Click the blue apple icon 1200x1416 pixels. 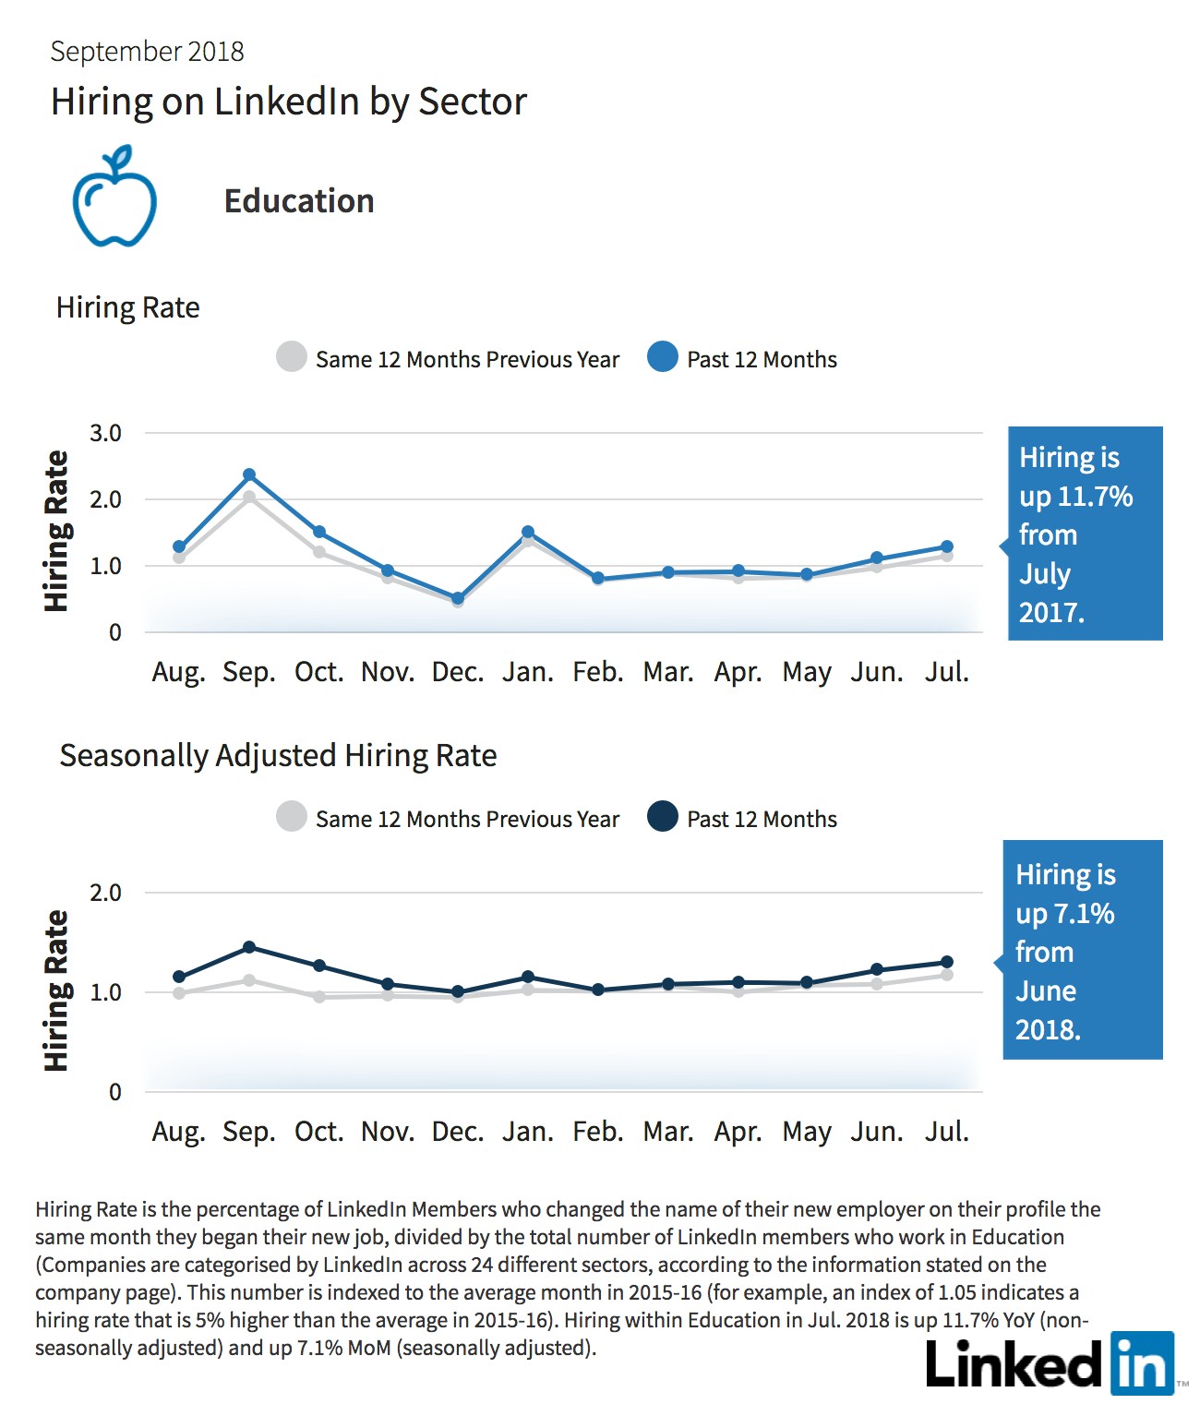click(114, 197)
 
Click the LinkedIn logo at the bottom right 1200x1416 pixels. click(1050, 1363)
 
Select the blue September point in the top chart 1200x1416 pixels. click(249, 474)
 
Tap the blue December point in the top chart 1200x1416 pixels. click(458, 599)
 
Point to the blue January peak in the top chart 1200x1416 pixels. click(527, 533)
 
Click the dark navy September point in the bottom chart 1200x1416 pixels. click(249, 947)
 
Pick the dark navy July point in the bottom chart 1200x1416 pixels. click(946, 963)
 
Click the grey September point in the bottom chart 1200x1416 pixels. click(249, 980)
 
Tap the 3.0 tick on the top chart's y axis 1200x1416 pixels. click(105, 433)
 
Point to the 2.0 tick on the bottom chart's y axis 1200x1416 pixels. click(105, 893)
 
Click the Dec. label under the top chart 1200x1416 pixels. click(458, 672)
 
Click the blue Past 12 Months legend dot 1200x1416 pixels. click(663, 357)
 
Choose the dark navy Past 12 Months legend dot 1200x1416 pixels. click(663, 816)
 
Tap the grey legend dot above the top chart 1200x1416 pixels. click(291, 357)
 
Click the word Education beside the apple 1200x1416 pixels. click(299, 201)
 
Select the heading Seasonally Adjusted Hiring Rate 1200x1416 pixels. click(278, 756)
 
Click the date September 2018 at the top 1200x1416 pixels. click(148, 52)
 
